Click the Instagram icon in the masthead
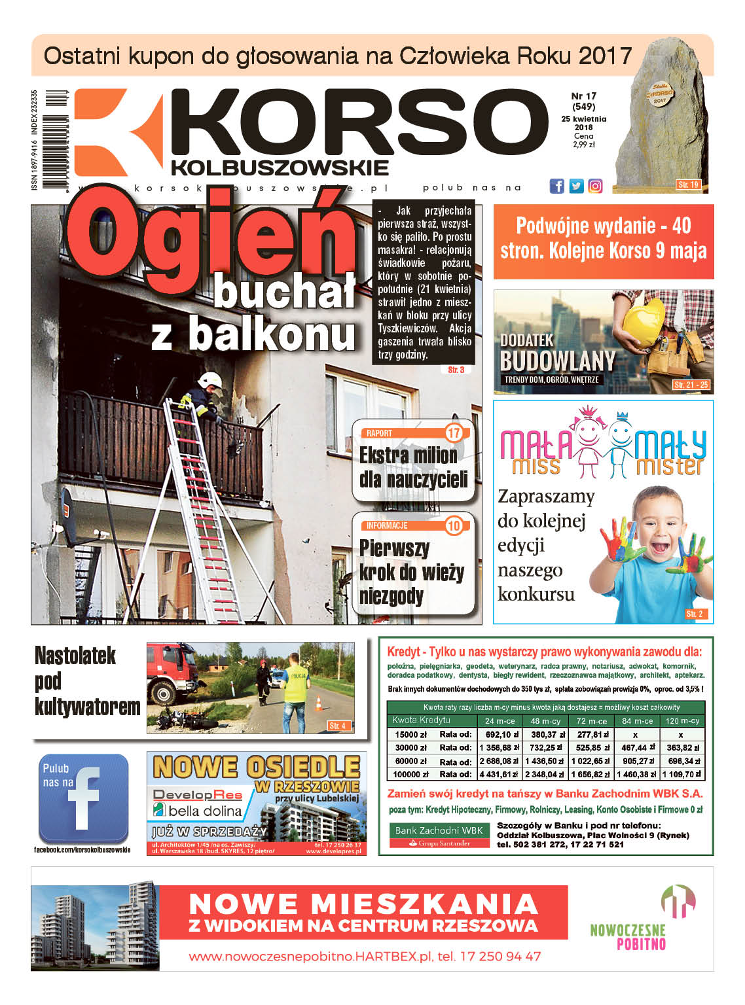[595, 186]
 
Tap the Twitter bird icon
[576, 186]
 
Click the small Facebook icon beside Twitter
[557, 186]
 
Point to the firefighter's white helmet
[208, 379]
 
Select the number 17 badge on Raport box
[454, 433]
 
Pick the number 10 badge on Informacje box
[454, 525]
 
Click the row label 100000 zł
[410, 774]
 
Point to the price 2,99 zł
[583, 145]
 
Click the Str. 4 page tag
[338, 726]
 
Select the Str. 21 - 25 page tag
[691, 385]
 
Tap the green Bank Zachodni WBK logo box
[439, 835]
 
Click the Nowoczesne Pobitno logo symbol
[678, 901]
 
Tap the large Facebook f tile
[83, 798]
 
